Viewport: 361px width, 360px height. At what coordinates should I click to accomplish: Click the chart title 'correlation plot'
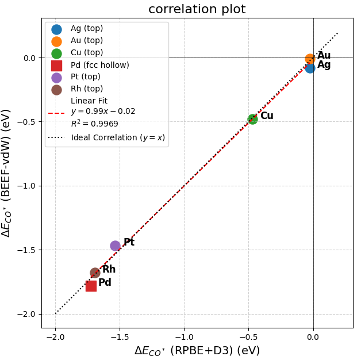point(197,9)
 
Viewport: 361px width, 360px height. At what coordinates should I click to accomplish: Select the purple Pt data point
point(115,246)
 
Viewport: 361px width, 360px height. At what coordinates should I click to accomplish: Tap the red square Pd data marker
point(91,286)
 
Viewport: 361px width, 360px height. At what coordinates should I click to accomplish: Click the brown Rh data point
point(95,273)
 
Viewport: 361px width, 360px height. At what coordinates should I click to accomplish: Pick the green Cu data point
point(252,119)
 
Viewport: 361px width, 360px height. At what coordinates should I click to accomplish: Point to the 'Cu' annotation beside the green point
point(267,116)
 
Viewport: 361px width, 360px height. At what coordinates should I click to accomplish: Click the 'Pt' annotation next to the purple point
point(129,243)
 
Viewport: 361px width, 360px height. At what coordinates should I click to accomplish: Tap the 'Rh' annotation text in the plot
point(109,270)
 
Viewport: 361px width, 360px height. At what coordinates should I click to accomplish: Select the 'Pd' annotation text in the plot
point(105,283)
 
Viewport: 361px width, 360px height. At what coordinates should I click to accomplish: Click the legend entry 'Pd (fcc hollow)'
point(99,65)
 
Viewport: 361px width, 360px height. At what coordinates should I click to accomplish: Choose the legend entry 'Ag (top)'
point(87,29)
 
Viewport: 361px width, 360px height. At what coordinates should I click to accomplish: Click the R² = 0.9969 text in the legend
point(94,123)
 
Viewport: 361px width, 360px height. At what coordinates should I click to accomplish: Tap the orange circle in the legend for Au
point(56,41)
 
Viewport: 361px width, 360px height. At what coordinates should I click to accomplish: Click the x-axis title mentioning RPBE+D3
point(197,351)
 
